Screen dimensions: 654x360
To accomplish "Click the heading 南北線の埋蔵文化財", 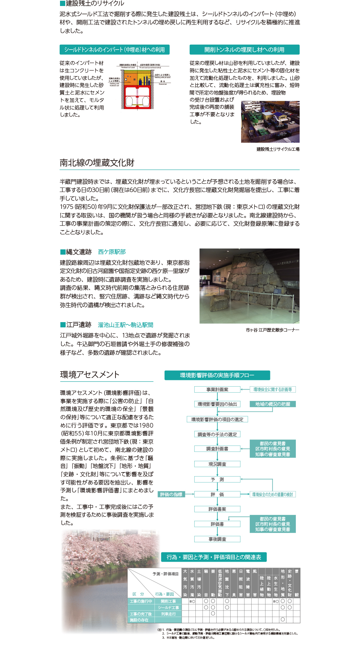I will click(97, 163).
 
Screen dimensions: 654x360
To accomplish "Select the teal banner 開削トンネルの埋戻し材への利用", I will click(244, 49).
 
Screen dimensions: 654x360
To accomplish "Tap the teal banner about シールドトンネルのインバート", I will click(114, 49).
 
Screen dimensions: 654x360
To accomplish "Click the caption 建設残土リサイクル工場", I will click(278, 149).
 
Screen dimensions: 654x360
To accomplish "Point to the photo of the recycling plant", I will click(270, 121).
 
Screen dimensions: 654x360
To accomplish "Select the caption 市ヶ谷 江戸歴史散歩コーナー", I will click(272, 330).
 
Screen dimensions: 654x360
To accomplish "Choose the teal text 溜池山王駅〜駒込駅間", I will click(125, 325).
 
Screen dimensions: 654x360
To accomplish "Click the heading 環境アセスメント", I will click(90, 375).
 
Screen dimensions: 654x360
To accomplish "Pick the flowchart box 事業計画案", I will click(217, 389).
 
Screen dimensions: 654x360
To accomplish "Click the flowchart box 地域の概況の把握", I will click(273, 404).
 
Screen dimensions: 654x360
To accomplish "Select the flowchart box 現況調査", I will click(217, 464).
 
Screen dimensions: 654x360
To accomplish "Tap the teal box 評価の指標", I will click(171, 494).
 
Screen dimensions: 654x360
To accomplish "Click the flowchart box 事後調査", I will click(217, 539).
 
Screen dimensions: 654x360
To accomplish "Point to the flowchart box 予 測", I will click(217, 479).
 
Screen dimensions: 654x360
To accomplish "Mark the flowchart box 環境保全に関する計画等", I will click(273, 389).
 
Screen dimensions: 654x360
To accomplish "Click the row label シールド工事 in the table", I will click(168, 607).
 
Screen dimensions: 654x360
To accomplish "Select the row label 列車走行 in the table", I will click(168, 614).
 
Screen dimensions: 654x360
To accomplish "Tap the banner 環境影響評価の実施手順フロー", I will click(217, 375).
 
